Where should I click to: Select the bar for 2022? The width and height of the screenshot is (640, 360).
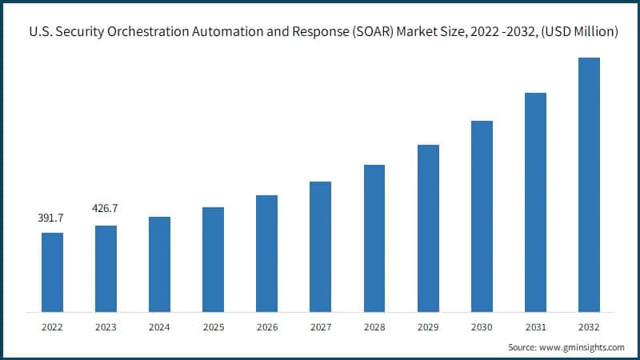pyautogui.click(x=52, y=272)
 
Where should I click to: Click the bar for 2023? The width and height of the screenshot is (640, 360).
pyautogui.click(x=106, y=269)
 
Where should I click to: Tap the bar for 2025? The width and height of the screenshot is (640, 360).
pyautogui.click(x=213, y=259)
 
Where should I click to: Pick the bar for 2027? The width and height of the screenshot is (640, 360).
pyautogui.click(x=320, y=246)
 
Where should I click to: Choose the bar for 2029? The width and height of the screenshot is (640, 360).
pyautogui.click(x=428, y=228)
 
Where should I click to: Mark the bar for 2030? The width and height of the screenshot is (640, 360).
pyautogui.click(x=482, y=216)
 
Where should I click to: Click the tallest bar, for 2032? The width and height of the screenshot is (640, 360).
pyautogui.click(x=589, y=184)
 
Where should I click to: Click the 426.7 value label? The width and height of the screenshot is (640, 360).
pyautogui.click(x=106, y=209)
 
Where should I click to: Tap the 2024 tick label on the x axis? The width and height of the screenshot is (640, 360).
pyautogui.click(x=159, y=327)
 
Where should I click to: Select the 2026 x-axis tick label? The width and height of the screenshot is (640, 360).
pyautogui.click(x=266, y=327)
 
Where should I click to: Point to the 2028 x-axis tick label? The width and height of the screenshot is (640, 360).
pyautogui.click(x=374, y=327)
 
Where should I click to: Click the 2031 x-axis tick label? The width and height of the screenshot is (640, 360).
pyautogui.click(x=535, y=327)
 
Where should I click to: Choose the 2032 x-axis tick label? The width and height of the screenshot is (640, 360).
pyautogui.click(x=589, y=327)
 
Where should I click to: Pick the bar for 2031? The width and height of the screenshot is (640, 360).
pyautogui.click(x=535, y=202)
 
